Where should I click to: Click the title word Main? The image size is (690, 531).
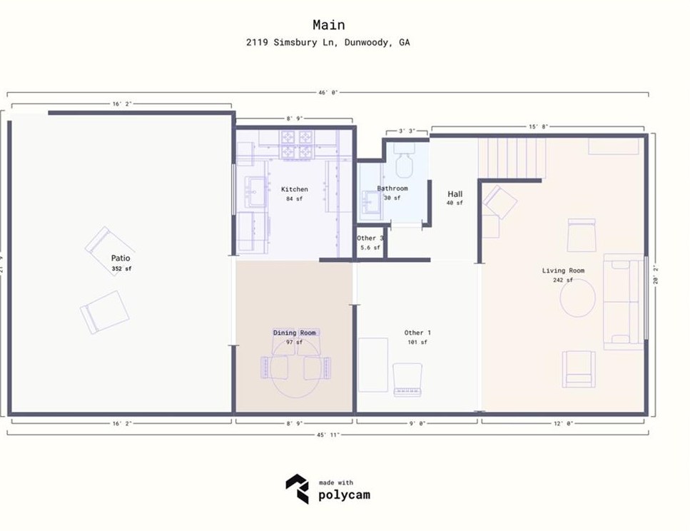[328, 26]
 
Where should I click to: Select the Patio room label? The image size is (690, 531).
[121, 258]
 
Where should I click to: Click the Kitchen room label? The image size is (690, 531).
[294, 189]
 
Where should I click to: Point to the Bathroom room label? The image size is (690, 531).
[392, 188]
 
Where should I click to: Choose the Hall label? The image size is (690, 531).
[455, 194]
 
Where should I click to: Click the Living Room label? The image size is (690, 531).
[563, 270]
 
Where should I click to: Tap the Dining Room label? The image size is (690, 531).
[294, 333]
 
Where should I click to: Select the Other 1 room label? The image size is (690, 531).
[417, 333]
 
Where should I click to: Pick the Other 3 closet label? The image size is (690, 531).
[370, 238]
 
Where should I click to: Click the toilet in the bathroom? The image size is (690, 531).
[405, 163]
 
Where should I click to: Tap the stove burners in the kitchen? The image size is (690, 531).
[297, 143]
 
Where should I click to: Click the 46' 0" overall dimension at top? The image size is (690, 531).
[328, 92]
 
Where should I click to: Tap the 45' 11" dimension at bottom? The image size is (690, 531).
[328, 435]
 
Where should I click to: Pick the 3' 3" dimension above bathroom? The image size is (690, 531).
[407, 131]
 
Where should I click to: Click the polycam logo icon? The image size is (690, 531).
[297, 489]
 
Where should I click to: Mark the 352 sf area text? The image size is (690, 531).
[121, 269]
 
